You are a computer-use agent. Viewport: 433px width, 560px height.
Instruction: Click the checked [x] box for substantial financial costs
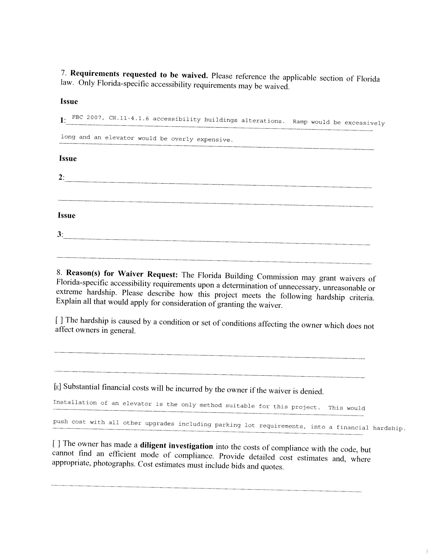[57, 386]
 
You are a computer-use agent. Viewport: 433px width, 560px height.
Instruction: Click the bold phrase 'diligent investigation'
[176, 446]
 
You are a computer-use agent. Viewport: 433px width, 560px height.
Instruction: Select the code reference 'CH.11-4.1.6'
[129, 118]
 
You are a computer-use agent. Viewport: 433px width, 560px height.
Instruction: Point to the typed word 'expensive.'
[215, 140]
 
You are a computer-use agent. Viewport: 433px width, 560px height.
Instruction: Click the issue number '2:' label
[62, 177]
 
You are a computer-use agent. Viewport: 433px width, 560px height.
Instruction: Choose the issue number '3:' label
[60, 234]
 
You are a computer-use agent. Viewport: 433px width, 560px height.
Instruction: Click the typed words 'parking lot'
[235, 425]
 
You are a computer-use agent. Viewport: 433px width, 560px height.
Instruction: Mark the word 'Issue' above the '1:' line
[69, 101]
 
